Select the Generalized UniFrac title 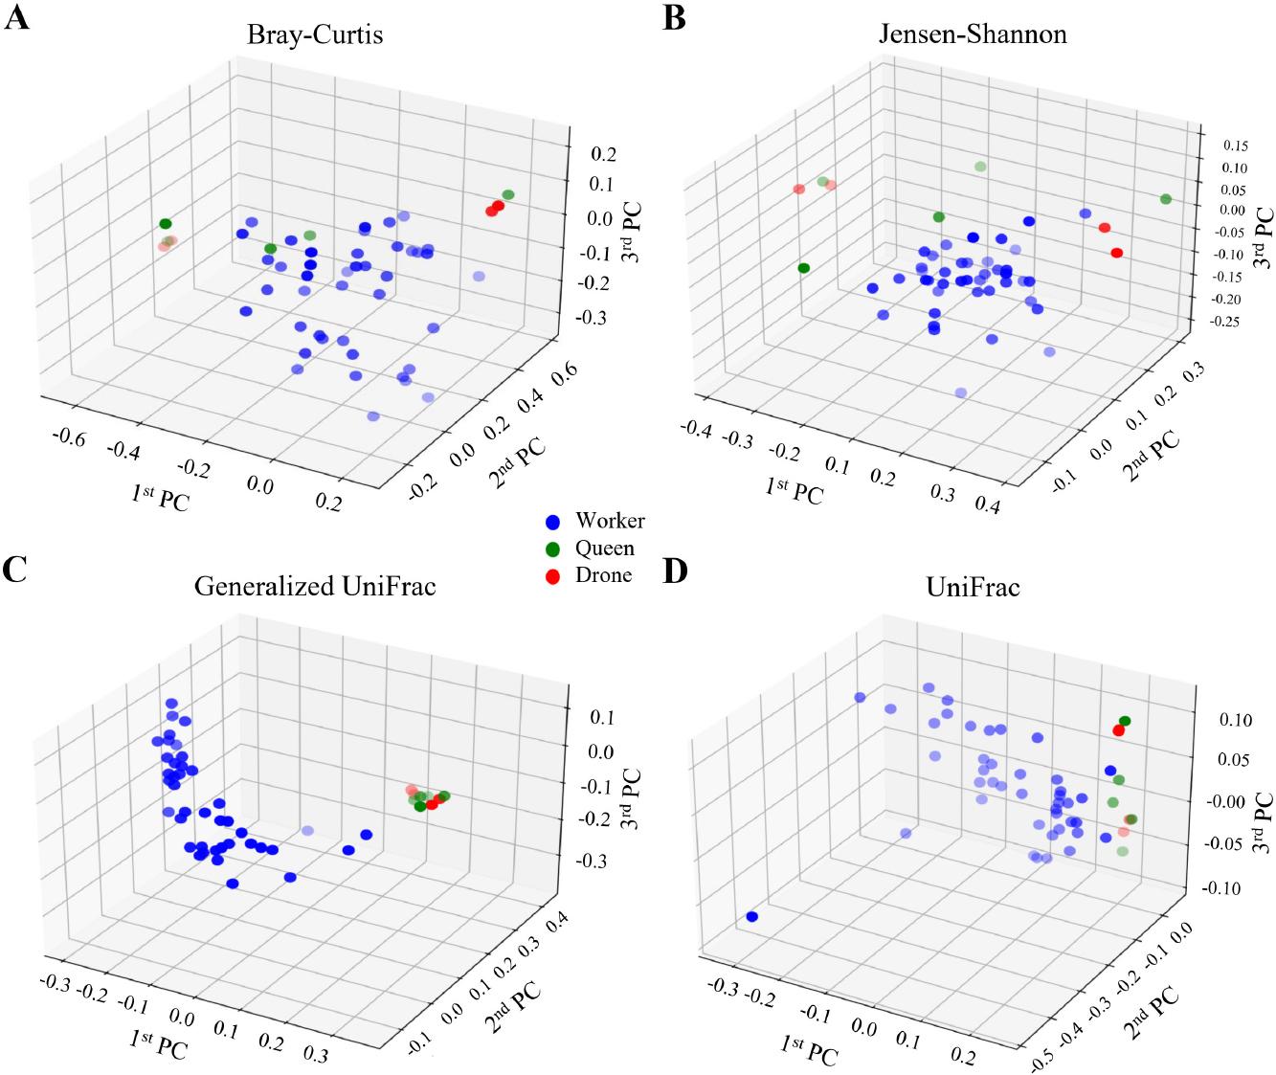click(x=315, y=585)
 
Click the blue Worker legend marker click(x=551, y=523)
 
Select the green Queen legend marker click(x=551, y=549)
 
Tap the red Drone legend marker click(x=551, y=576)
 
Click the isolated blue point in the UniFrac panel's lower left click(x=751, y=917)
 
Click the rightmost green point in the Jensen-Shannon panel click(x=1166, y=199)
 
